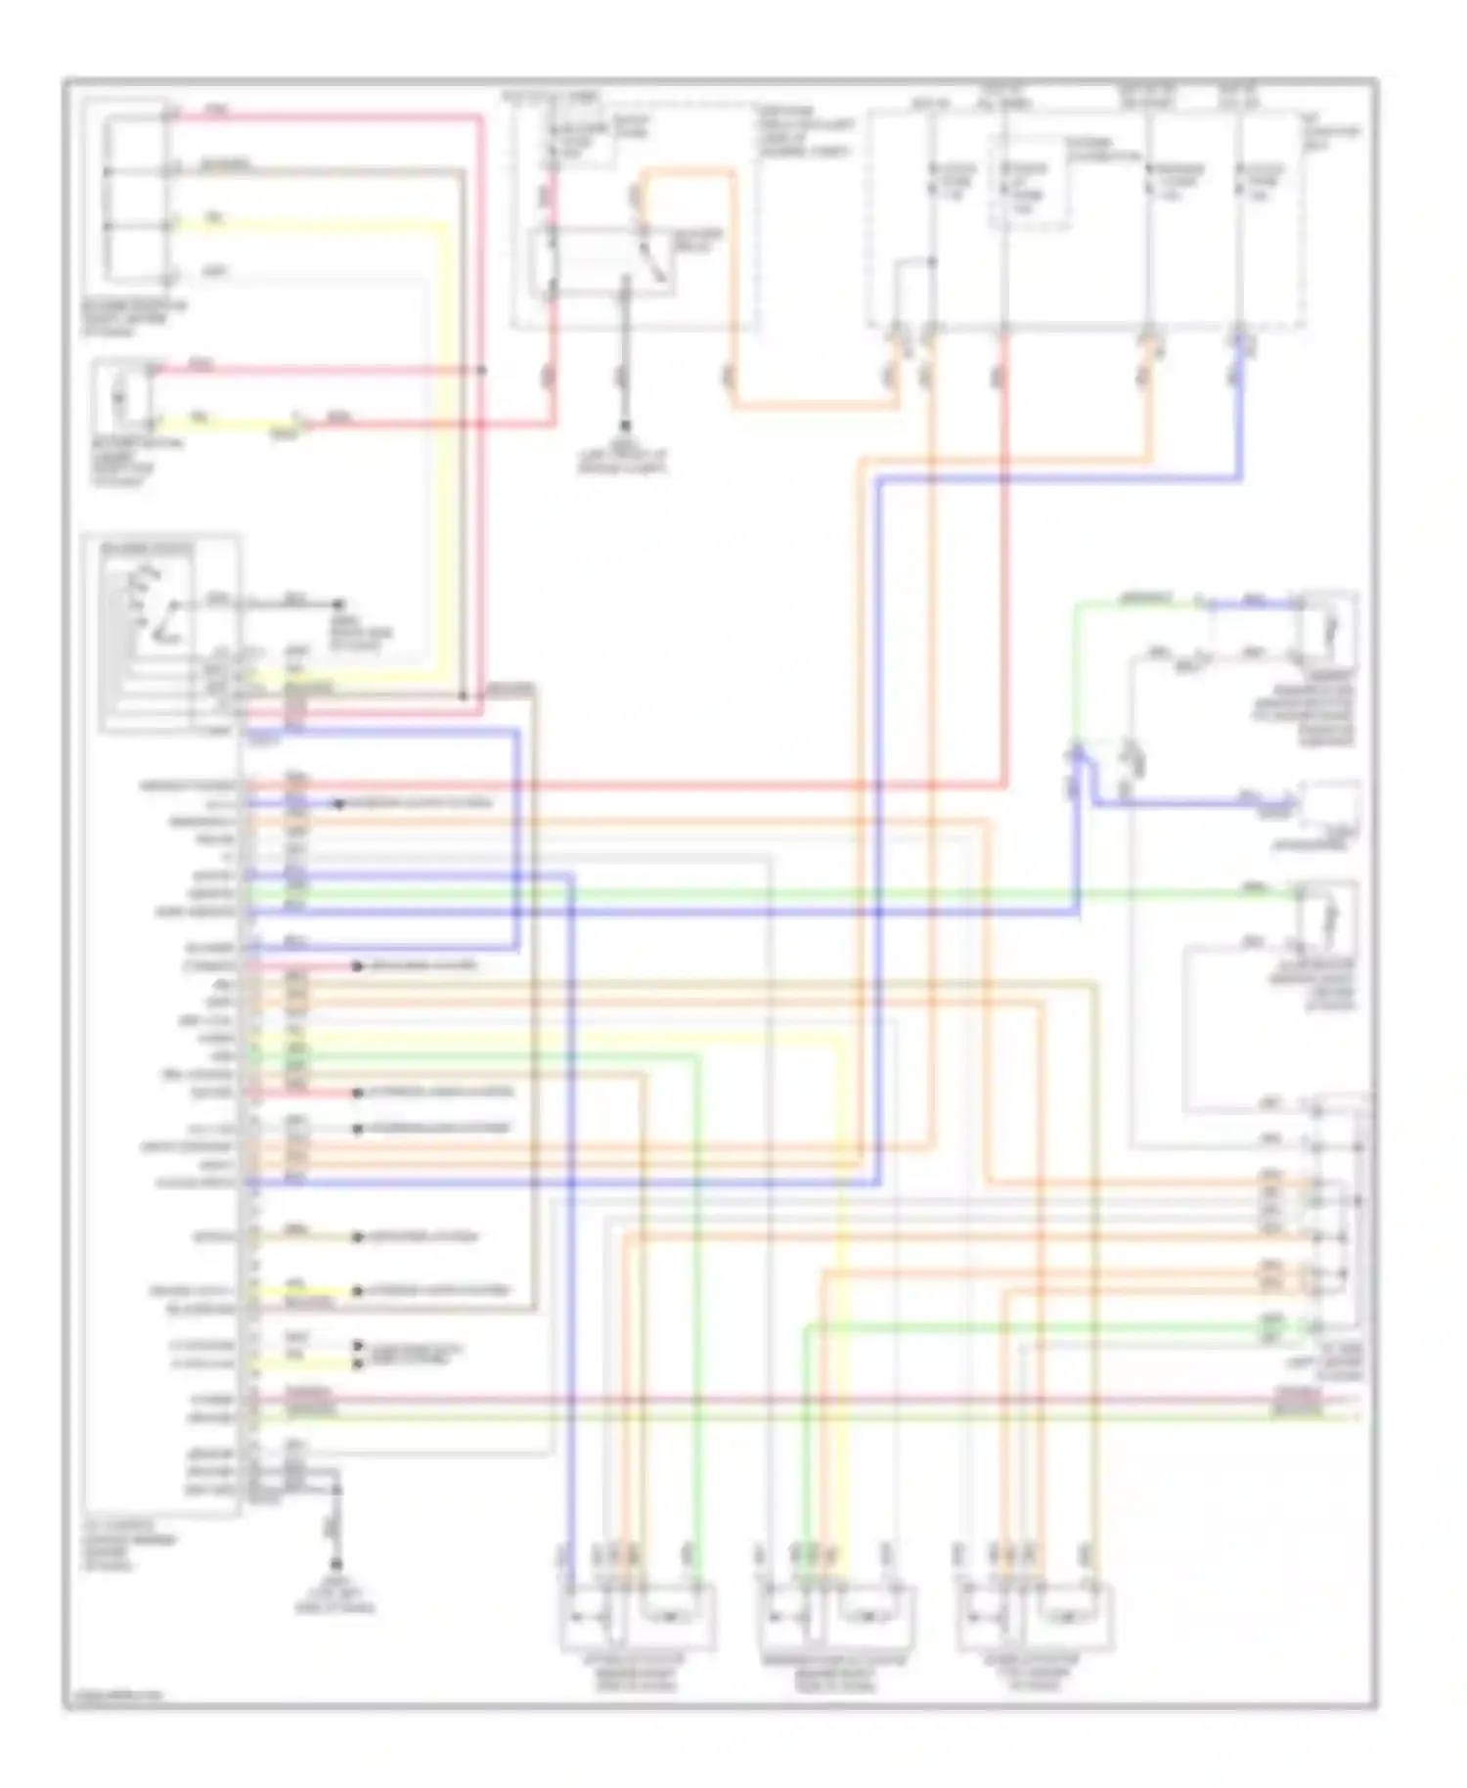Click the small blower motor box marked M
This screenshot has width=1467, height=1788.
(x=119, y=396)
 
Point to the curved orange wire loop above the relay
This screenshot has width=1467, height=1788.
(x=685, y=176)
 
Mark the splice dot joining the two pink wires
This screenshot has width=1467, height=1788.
(x=482, y=370)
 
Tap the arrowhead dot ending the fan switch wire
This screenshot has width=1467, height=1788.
(x=339, y=604)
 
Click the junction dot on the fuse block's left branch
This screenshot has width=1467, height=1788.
(x=932, y=261)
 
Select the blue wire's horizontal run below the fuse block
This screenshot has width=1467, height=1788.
(x=1056, y=479)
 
